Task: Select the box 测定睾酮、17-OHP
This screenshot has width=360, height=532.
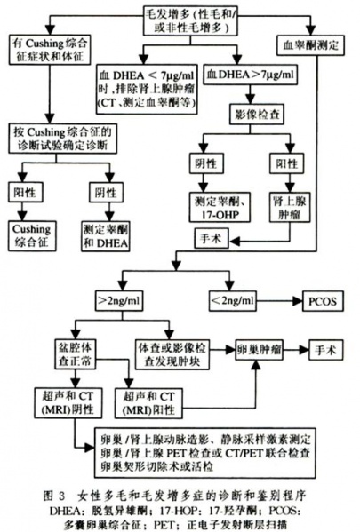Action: pyautogui.click(x=212, y=208)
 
